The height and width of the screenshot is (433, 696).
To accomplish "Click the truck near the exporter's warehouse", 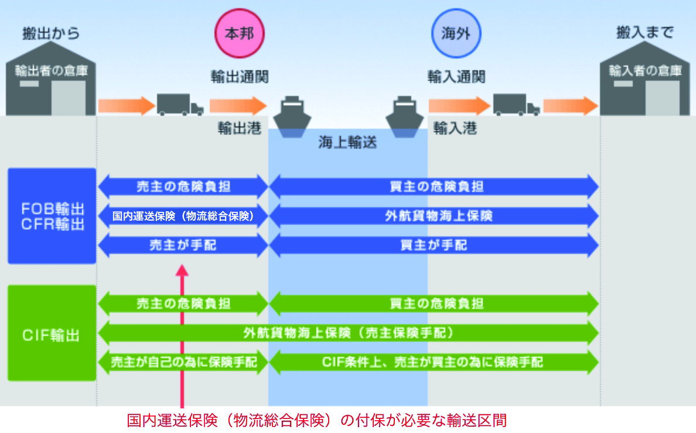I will click(x=179, y=105).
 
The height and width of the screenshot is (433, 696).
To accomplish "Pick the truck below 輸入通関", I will click(x=516, y=105).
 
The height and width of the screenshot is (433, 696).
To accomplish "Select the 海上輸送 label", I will click(x=347, y=142).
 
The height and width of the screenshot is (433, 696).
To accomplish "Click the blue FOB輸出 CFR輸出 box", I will click(x=52, y=216).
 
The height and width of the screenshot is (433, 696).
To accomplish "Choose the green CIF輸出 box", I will click(x=52, y=334).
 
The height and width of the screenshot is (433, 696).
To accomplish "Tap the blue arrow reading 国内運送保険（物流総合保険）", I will click(x=183, y=216).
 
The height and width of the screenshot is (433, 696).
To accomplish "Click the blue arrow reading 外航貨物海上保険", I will click(x=434, y=216).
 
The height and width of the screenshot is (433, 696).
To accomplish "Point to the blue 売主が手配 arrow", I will click(x=183, y=245).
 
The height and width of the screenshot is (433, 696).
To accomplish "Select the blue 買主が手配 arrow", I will click(x=434, y=245).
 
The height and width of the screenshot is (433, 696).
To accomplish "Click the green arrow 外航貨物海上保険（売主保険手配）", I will click(x=349, y=334).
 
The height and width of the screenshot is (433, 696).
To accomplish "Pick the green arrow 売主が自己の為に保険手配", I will click(x=183, y=362).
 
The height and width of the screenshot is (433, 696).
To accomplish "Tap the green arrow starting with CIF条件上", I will click(x=434, y=362).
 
